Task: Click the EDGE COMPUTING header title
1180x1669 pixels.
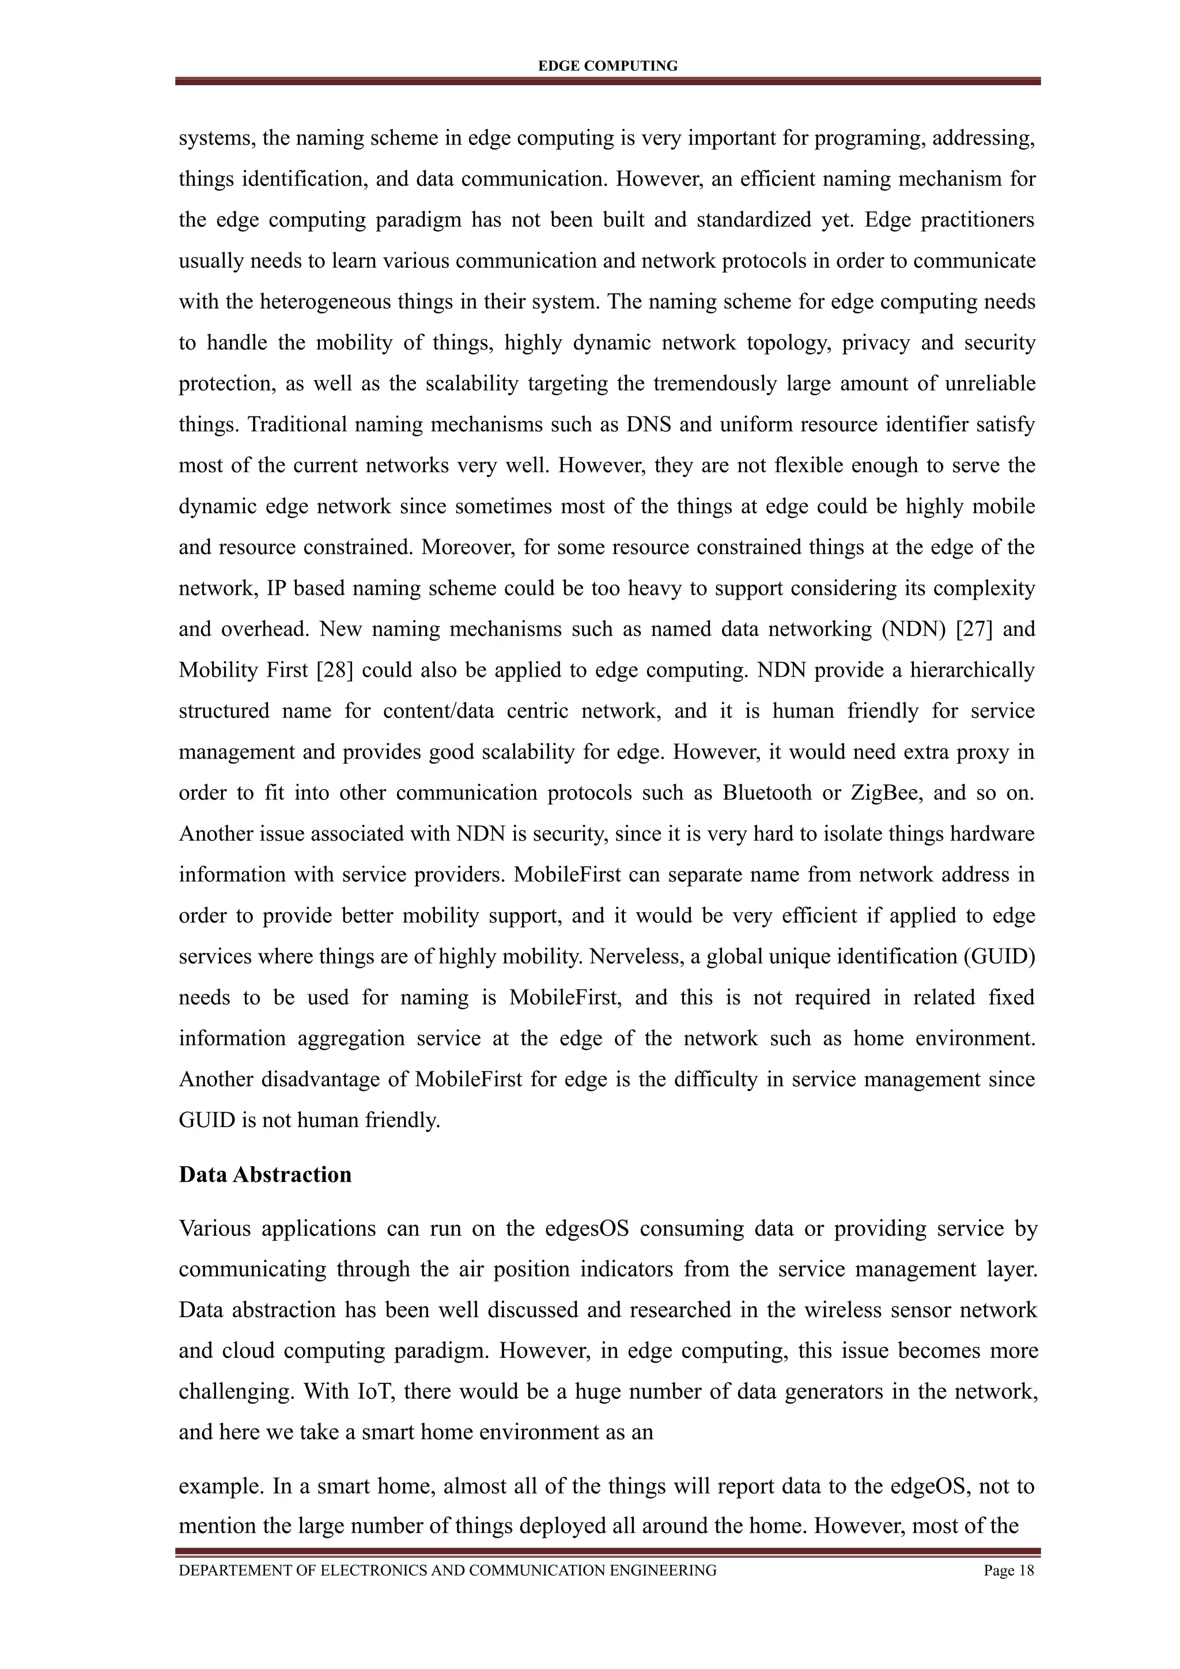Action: [x=607, y=66]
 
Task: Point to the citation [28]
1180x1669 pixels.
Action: [x=334, y=669]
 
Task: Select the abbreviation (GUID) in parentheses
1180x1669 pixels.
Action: [x=999, y=956]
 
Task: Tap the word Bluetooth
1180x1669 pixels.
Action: [x=766, y=792]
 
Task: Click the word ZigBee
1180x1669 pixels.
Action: [x=886, y=792]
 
